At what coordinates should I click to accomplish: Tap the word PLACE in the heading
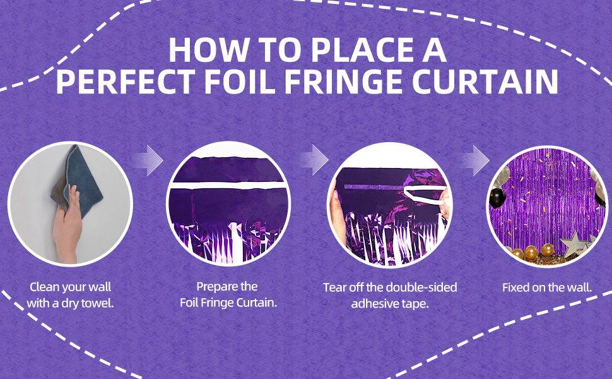pyautogui.click(x=360, y=50)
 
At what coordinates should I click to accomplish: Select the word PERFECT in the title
pyautogui.click(x=126, y=81)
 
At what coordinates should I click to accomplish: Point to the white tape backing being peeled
pyautogui.click(x=424, y=195)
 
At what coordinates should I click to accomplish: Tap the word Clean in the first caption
pyautogui.click(x=45, y=287)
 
